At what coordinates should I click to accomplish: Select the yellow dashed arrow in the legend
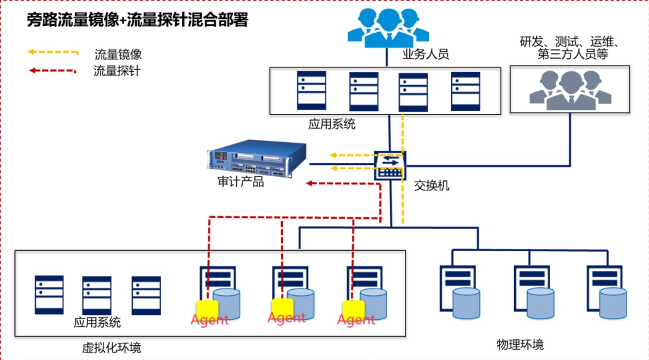pyautogui.click(x=53, y=52)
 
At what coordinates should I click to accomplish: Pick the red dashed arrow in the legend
pyautogui.click(x=53, y=71)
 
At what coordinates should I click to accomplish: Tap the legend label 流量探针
pyautogui.click(x=117, y=71)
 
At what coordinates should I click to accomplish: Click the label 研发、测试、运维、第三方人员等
pyautogui.click(x=569, y=48)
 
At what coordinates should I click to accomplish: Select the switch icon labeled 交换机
pyautogui.click(x=390, y=165)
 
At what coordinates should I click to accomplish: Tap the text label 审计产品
pyautogui.click(x=241, y=182)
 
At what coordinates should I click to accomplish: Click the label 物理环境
pyautogui.click(x=520, y=344)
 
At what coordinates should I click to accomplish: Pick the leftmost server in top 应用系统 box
pyautogui.click(x=311, y=90)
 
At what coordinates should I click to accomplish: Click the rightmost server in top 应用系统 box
pyautogui.click(x=465, y=90)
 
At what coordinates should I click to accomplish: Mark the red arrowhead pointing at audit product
pyautogui.click(x=309, y=183)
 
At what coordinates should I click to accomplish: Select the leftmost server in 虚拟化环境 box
pyautogui.click(x=49, y=295)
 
